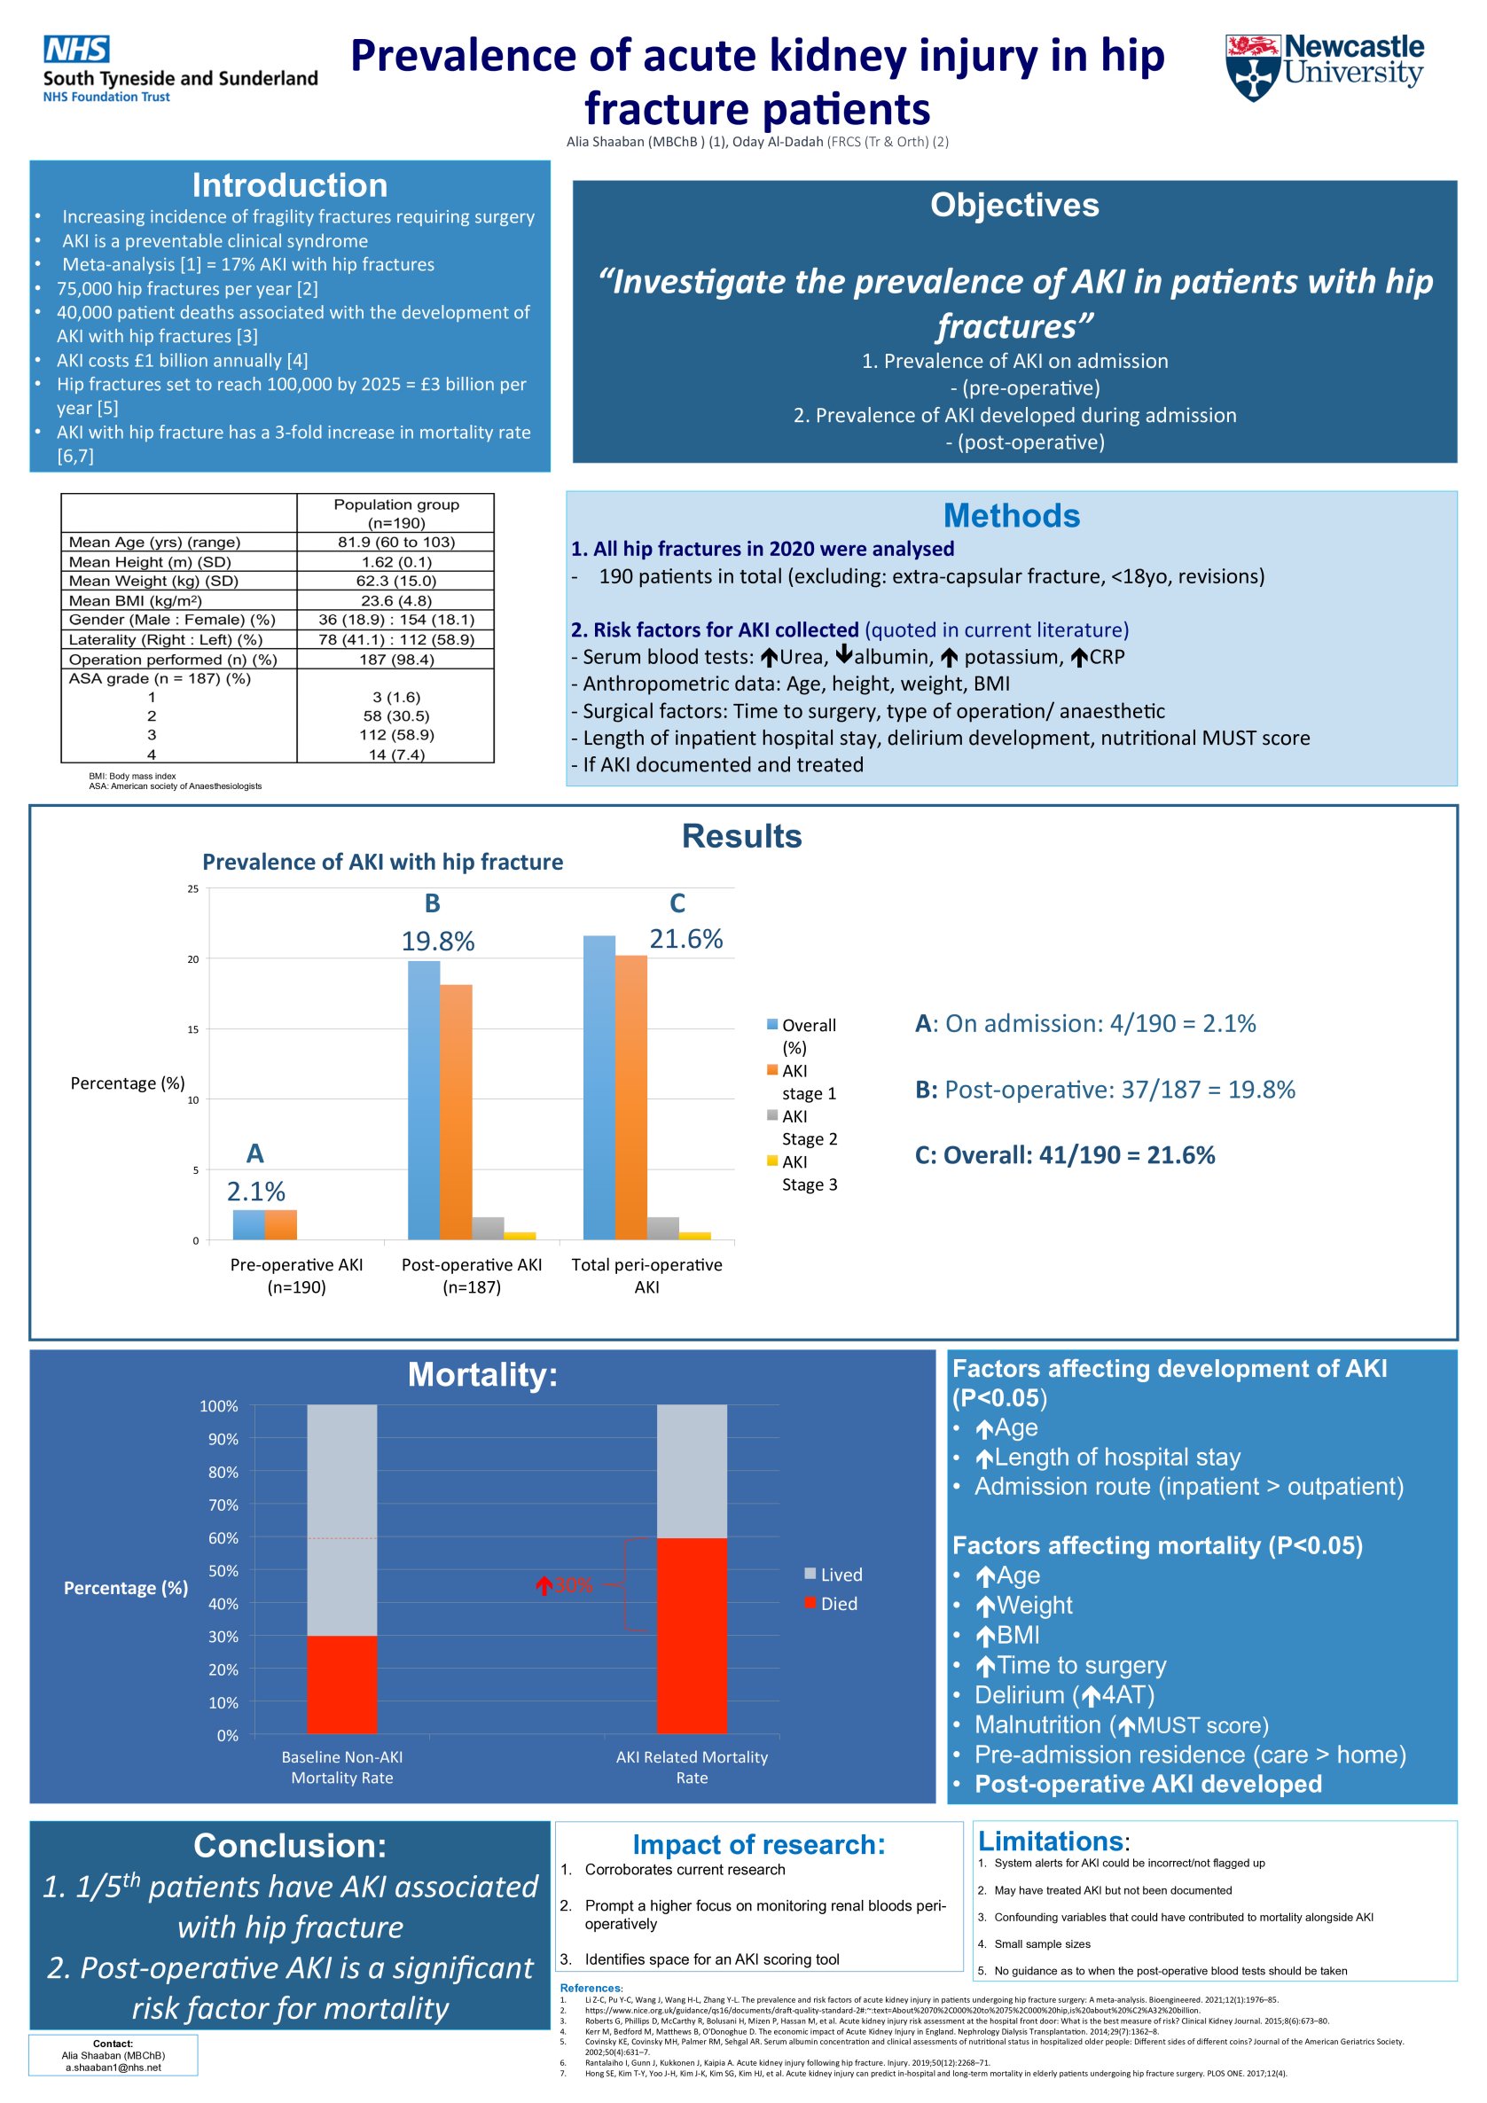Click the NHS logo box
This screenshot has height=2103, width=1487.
point(76,49)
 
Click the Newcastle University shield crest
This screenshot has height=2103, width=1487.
point(1251,67)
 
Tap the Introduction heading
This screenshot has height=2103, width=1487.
point(290,185)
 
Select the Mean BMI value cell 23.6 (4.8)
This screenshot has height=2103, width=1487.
point(395,601)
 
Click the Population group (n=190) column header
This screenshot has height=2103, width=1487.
point(395,513)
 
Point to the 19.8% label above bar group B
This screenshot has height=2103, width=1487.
point(438,942)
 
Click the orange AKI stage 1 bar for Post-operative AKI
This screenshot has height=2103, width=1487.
point(456,1112)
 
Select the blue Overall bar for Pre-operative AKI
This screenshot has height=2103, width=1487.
point(248,1224)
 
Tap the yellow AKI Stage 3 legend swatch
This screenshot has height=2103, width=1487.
point(772,1161)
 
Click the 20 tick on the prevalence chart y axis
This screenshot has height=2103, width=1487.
point(193,959)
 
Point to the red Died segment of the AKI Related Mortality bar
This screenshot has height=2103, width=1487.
point(692,1635)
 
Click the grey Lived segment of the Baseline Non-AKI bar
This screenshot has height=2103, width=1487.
point(341,1521)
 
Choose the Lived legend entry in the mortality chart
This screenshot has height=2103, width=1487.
point(833,1575)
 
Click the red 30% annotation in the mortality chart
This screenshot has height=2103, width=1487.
point(566,1585)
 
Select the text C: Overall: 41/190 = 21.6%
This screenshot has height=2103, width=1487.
point(1065,1155)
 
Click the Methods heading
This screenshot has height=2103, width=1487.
point(1011,516)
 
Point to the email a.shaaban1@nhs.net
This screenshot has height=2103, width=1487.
point(113,2068)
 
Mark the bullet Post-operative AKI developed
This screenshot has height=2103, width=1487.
point(1147,1783)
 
